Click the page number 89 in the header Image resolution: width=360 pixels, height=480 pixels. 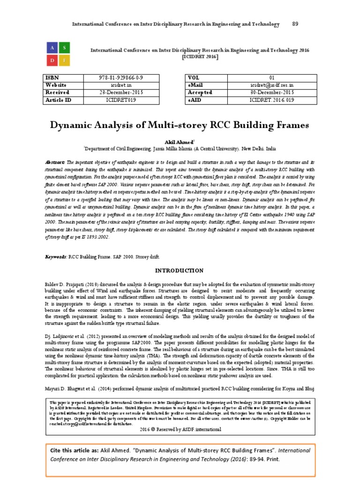295,24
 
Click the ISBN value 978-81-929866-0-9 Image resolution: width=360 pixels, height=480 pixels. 121,77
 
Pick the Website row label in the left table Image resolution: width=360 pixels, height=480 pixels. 56,85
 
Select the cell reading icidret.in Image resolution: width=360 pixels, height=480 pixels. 121,85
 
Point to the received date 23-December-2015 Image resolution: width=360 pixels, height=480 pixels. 121,92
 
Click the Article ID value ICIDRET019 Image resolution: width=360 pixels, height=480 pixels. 121,100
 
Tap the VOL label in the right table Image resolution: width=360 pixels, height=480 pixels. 194,77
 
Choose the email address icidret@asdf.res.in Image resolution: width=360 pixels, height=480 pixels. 271,85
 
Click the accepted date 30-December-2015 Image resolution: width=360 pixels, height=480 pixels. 271,92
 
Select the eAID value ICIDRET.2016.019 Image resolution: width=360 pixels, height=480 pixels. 271,100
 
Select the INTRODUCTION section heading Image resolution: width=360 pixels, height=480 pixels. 180,270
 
